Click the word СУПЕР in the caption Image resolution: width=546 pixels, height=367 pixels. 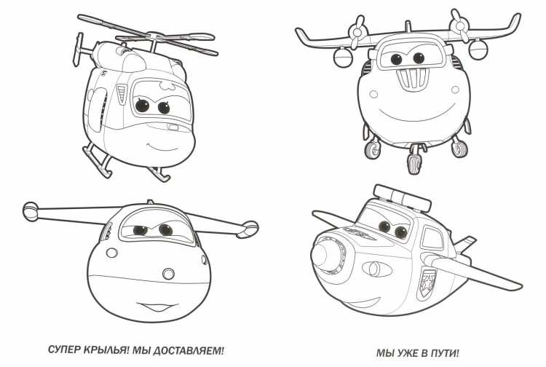[x=64, y=350]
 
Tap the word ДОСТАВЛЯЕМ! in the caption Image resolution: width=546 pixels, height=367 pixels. [x=189, y=350]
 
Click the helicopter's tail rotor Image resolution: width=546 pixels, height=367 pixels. [x=78, y=50]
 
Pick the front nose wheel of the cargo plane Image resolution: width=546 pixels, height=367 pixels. [x=414, y=163]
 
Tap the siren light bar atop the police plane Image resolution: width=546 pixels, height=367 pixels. [x=401, y=197]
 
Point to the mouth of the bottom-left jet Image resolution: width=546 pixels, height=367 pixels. [x=154, y=307]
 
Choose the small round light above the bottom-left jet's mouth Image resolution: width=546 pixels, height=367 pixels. [x=169, y=274]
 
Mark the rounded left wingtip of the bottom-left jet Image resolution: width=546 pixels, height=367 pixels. [x=30, y=210]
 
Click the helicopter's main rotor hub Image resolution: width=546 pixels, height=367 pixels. [x=154, y=36]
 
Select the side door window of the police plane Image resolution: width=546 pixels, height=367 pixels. [x=432, y=237]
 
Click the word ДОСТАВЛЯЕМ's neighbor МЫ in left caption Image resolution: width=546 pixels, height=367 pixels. [x=141, y=350]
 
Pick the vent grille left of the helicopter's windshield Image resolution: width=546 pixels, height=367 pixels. [x=122, y=94]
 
